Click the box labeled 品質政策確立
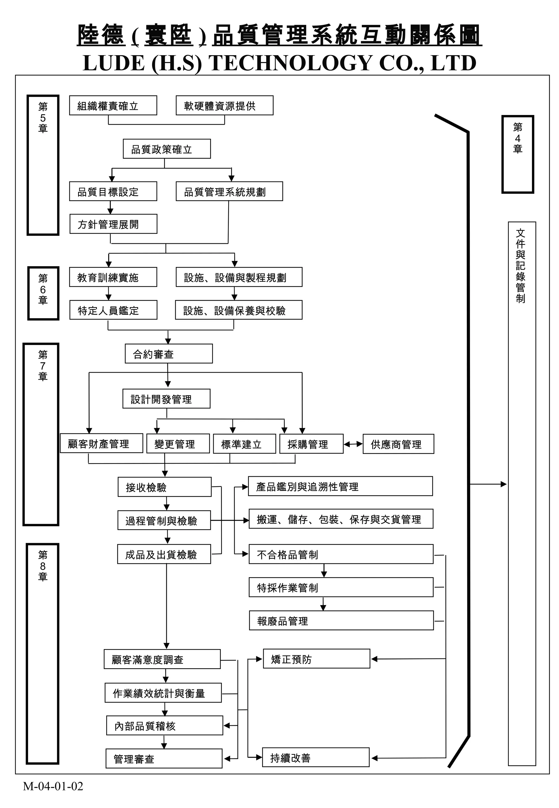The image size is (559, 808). (167, 149)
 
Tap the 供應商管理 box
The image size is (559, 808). (398, 444)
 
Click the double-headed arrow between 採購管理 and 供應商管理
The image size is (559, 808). (353, 444)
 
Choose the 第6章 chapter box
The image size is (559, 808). (43, 293)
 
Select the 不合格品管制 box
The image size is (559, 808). (341, 554)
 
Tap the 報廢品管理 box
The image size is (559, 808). (341, 621)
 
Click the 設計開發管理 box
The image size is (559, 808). (166, 399)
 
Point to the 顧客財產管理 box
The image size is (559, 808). (101, 443)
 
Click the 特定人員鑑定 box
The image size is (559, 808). (113, 310)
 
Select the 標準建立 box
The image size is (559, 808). (245, 444)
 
